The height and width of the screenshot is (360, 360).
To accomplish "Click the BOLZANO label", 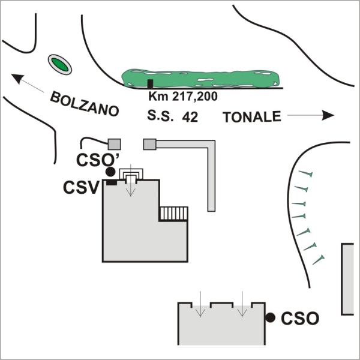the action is [85, 103].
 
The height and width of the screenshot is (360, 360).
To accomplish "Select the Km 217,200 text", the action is [182, 96].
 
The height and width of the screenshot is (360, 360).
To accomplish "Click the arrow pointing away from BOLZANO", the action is [26, 82].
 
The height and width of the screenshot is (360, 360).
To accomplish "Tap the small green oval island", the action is [59, 64].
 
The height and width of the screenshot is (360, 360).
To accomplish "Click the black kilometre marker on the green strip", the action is [151, 83].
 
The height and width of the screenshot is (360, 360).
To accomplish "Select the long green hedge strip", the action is [201, 77].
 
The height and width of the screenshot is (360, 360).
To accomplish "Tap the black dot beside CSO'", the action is [110, 172].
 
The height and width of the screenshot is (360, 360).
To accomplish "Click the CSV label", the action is [81, 188].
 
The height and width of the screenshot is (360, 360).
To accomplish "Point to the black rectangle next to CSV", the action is [110, 182].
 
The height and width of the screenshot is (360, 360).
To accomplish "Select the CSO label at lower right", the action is [299, 318].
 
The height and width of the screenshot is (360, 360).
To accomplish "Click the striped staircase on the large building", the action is [173, 214].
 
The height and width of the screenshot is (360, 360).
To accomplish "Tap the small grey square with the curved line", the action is [113, 143].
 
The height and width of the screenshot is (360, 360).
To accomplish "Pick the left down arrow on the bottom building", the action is [201, 303].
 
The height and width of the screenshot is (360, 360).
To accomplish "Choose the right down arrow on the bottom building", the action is [241, 303].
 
